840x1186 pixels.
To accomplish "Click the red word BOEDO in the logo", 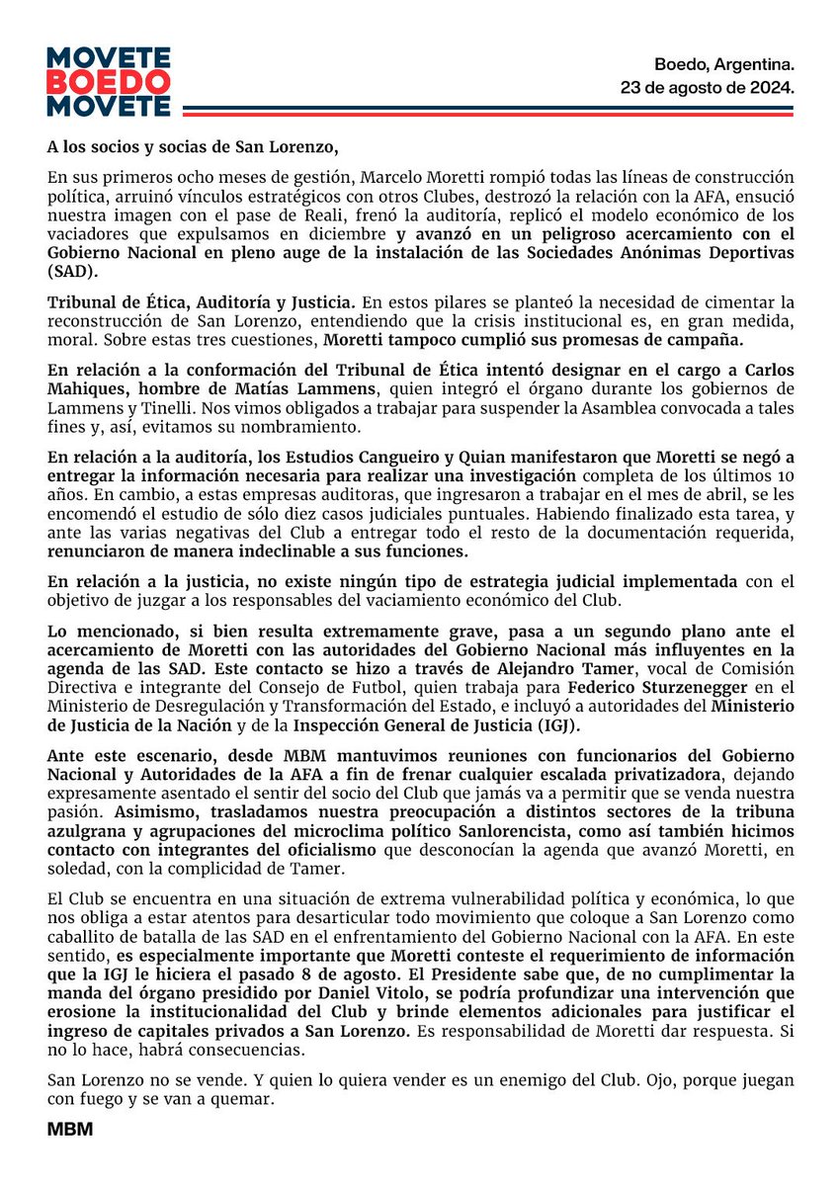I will (109, 81).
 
